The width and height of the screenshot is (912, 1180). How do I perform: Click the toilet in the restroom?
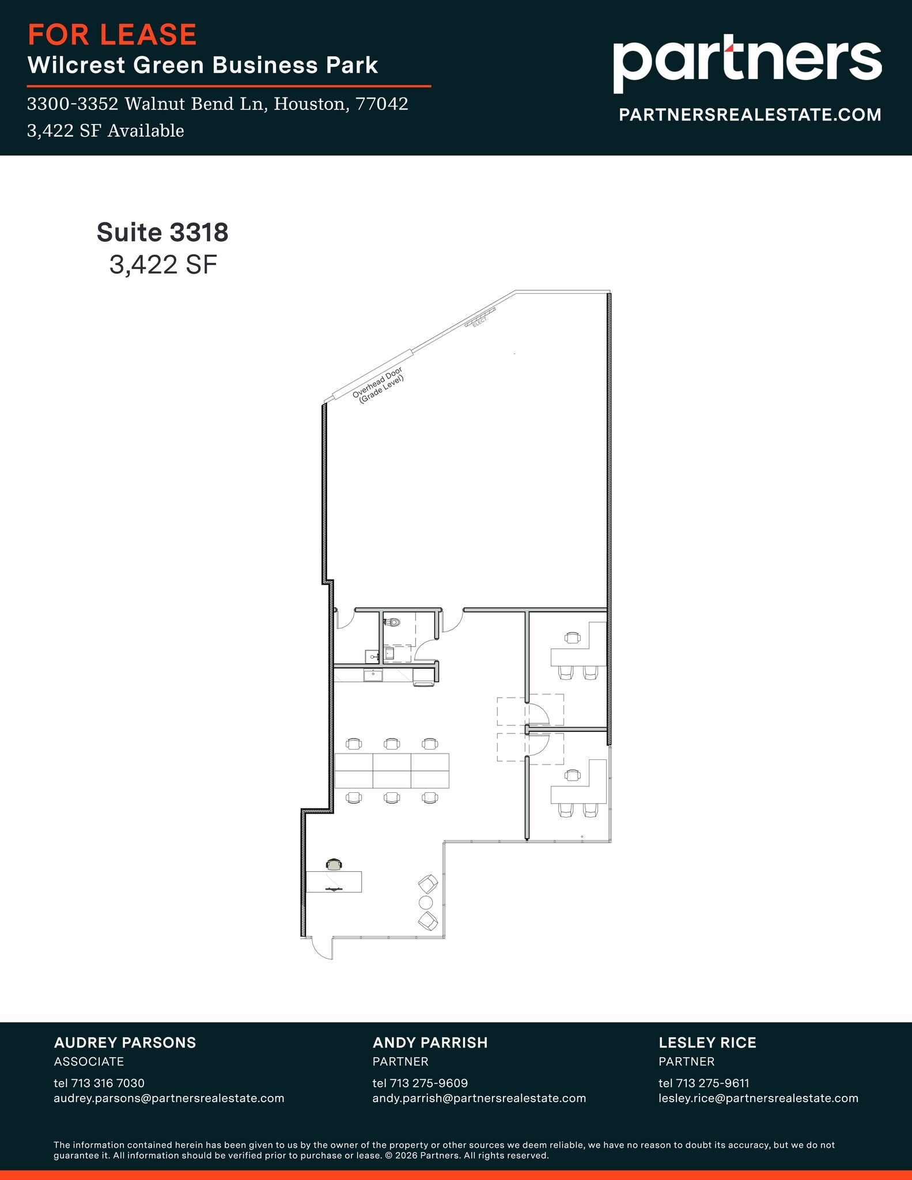(x=393, y=622)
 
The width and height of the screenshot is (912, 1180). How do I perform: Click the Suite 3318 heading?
(x=162, y=232)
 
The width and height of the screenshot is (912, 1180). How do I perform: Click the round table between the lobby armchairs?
(x=426, y=902)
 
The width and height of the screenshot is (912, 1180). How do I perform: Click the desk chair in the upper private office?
(x=573, y=637)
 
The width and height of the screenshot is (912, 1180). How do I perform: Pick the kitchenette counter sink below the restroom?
(x=373, y=674)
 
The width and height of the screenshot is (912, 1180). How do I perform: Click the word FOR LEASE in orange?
(x=112, y=35)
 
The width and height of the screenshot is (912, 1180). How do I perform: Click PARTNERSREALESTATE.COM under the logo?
(x=750, y=115)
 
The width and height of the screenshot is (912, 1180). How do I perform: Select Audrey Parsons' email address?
(x=169, y=1098)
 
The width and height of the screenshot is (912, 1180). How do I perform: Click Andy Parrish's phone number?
(x=420, y=1083)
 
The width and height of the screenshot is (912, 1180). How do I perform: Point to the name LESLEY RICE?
(x=707, y=1042)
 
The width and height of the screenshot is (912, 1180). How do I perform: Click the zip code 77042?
(x=382, y=104)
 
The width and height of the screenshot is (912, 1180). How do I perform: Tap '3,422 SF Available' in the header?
(x=105, y=131)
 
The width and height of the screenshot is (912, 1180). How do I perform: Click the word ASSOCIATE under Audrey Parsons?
(x=89, y=1061)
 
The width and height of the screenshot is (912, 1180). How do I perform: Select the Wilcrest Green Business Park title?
(x=203, y=65)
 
